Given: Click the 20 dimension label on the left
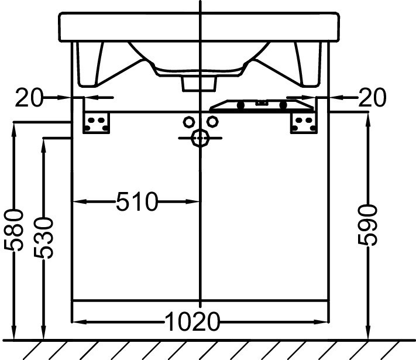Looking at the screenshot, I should (29, 98).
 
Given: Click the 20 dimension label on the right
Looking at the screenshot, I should (372, 98).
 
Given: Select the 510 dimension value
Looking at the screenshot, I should (137, 202).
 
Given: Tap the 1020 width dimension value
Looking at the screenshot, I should (192, 321).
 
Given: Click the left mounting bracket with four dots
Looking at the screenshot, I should (97, 123).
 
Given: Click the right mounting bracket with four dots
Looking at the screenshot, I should (304, 123).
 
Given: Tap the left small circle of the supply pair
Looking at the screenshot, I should (188, 122).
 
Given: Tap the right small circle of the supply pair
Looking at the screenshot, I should (212, 122).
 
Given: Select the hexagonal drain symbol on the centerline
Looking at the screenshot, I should (200, 139).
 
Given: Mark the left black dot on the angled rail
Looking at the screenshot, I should (240, 105).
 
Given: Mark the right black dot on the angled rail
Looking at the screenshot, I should (284, 105).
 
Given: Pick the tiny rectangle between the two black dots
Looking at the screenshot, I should (262, 103).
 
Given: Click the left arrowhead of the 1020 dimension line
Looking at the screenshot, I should (76, 321).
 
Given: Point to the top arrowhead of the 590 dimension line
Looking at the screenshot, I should (367, 116).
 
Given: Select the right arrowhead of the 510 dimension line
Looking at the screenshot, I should (196, 202).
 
